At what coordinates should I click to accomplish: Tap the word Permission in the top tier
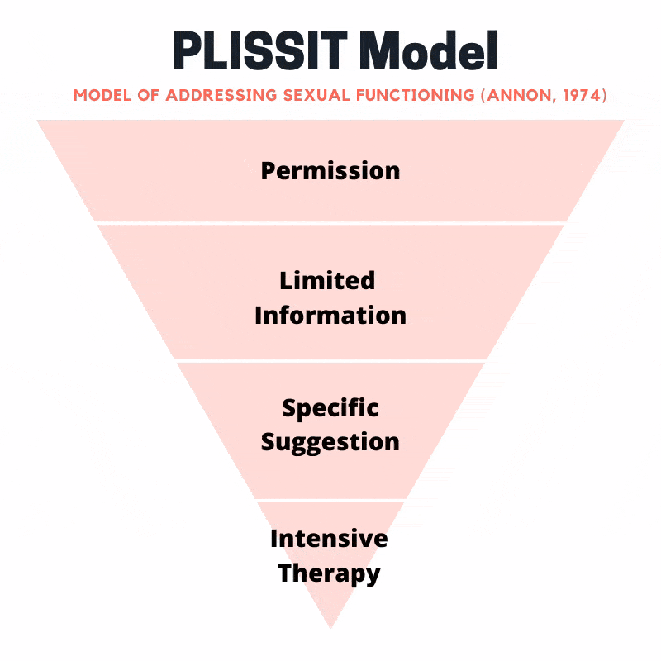point(330,171)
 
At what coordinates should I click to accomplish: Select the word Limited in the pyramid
point(327,280)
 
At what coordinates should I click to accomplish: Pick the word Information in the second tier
point(330,315)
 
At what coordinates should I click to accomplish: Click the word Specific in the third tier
point(330,407)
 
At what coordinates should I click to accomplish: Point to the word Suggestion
point(330,441)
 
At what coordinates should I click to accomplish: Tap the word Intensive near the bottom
point(329,539)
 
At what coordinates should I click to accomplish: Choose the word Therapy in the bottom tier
point(329,573)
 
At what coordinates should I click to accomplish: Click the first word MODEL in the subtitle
point(106,95)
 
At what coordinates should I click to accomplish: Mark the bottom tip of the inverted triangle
point(330,626)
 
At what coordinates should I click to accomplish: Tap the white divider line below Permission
point(330,222)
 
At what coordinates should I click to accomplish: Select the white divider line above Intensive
point(330,501)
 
